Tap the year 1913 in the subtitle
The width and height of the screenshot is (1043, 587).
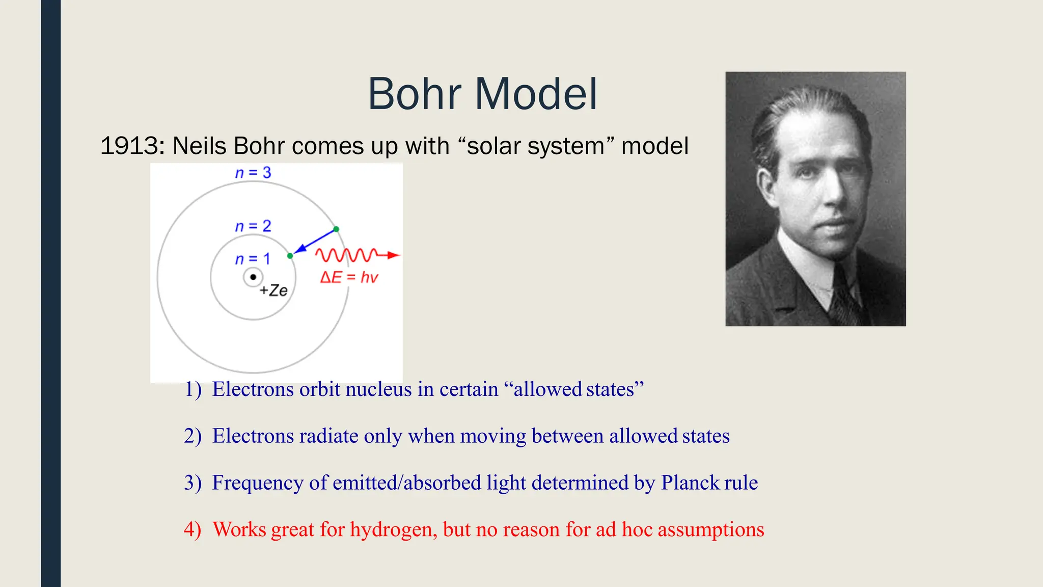coord(129,146)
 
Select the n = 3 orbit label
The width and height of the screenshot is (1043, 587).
coord(253,173)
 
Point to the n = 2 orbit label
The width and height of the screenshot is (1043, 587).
coord(253,226)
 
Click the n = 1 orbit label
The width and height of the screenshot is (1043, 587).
coord(253,259)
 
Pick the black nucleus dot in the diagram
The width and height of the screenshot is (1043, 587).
coord(253,277)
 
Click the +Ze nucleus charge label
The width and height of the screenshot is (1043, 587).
coord(273,290)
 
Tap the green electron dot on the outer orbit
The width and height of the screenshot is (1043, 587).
coord(336,229)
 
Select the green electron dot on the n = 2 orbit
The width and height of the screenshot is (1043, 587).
coord(290,256)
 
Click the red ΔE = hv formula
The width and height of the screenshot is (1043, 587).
coord(349,278)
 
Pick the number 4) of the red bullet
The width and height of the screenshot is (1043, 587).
coord(193,529)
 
